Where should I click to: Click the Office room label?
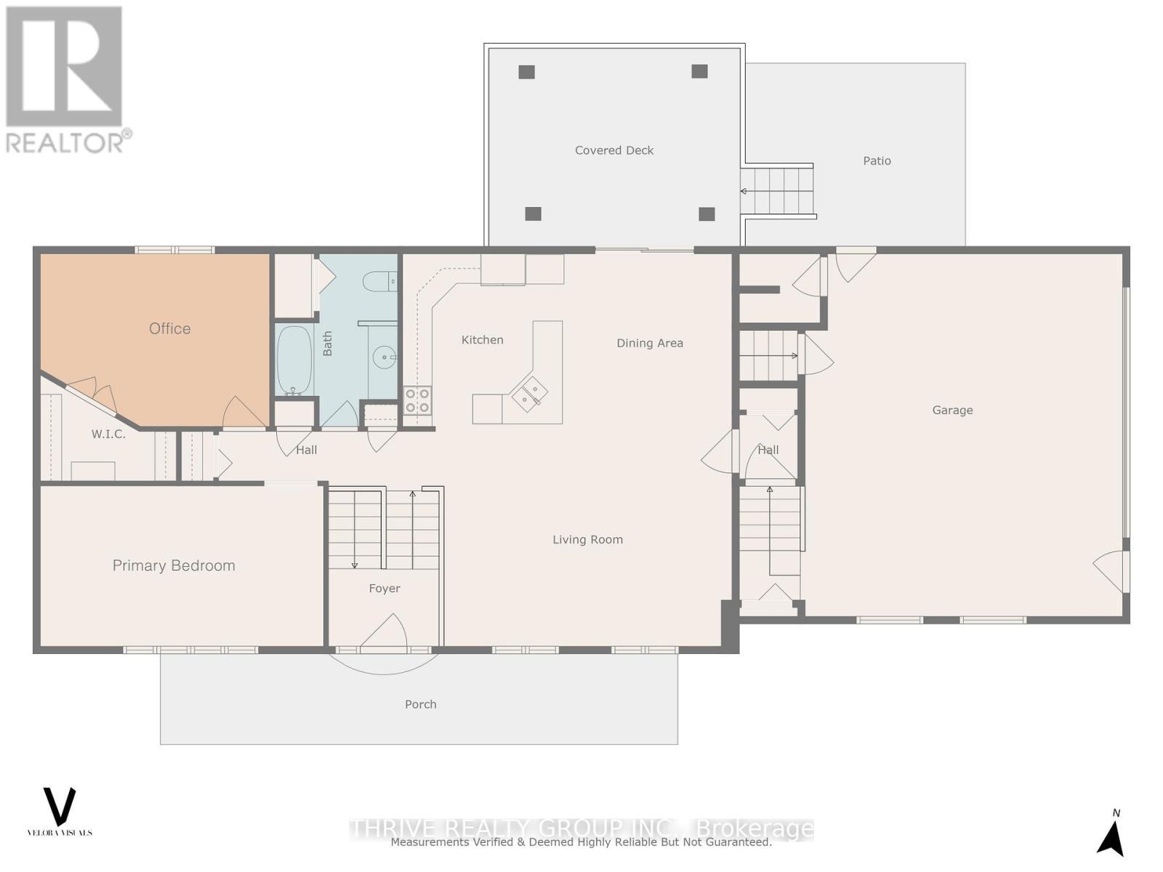pyautogui.click(x=169, y=328)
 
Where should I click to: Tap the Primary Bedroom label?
pyautogui.click(x=174, y=565)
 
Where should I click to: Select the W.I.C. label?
pyautogui.click(x=108, y=434)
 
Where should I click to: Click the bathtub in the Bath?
pyautogui.click(x=294, y=360)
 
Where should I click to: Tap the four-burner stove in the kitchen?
pyautogui.click(x=417, y=400)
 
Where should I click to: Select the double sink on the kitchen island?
pyautogui.click(x=529, y=395)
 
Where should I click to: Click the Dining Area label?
pyautogui.click(x=649, y=343)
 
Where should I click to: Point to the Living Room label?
pyautogui.click(x=587, y=539)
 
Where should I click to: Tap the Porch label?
pyautogui.click(x=420, y=704)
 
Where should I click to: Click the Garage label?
pyautogui.click(x=952, y=410)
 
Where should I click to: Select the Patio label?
pyautogui.click(x=877, y=161)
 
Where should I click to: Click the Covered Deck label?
pyautogui.click(x=614, y=150)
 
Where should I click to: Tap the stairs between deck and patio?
pyautogui.click(x=777, y=191)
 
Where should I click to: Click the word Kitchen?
pyautogui.click(x=482, y=339)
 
